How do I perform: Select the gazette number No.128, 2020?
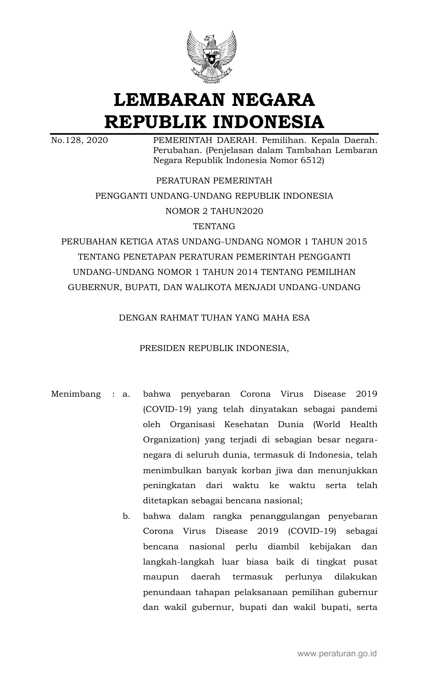coord(79,140)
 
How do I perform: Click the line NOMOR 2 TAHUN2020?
coord(214,211)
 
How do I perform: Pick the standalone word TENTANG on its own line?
coord(214,226)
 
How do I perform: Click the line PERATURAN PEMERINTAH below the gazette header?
coord(214,181)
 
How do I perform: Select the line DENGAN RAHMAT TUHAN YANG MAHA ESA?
coord(214,318)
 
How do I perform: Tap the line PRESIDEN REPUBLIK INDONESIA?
coord(214,348)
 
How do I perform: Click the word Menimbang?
coord(76,394)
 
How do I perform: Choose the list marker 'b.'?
coord(126,516)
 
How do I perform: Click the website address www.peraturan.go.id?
coord(337,654)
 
